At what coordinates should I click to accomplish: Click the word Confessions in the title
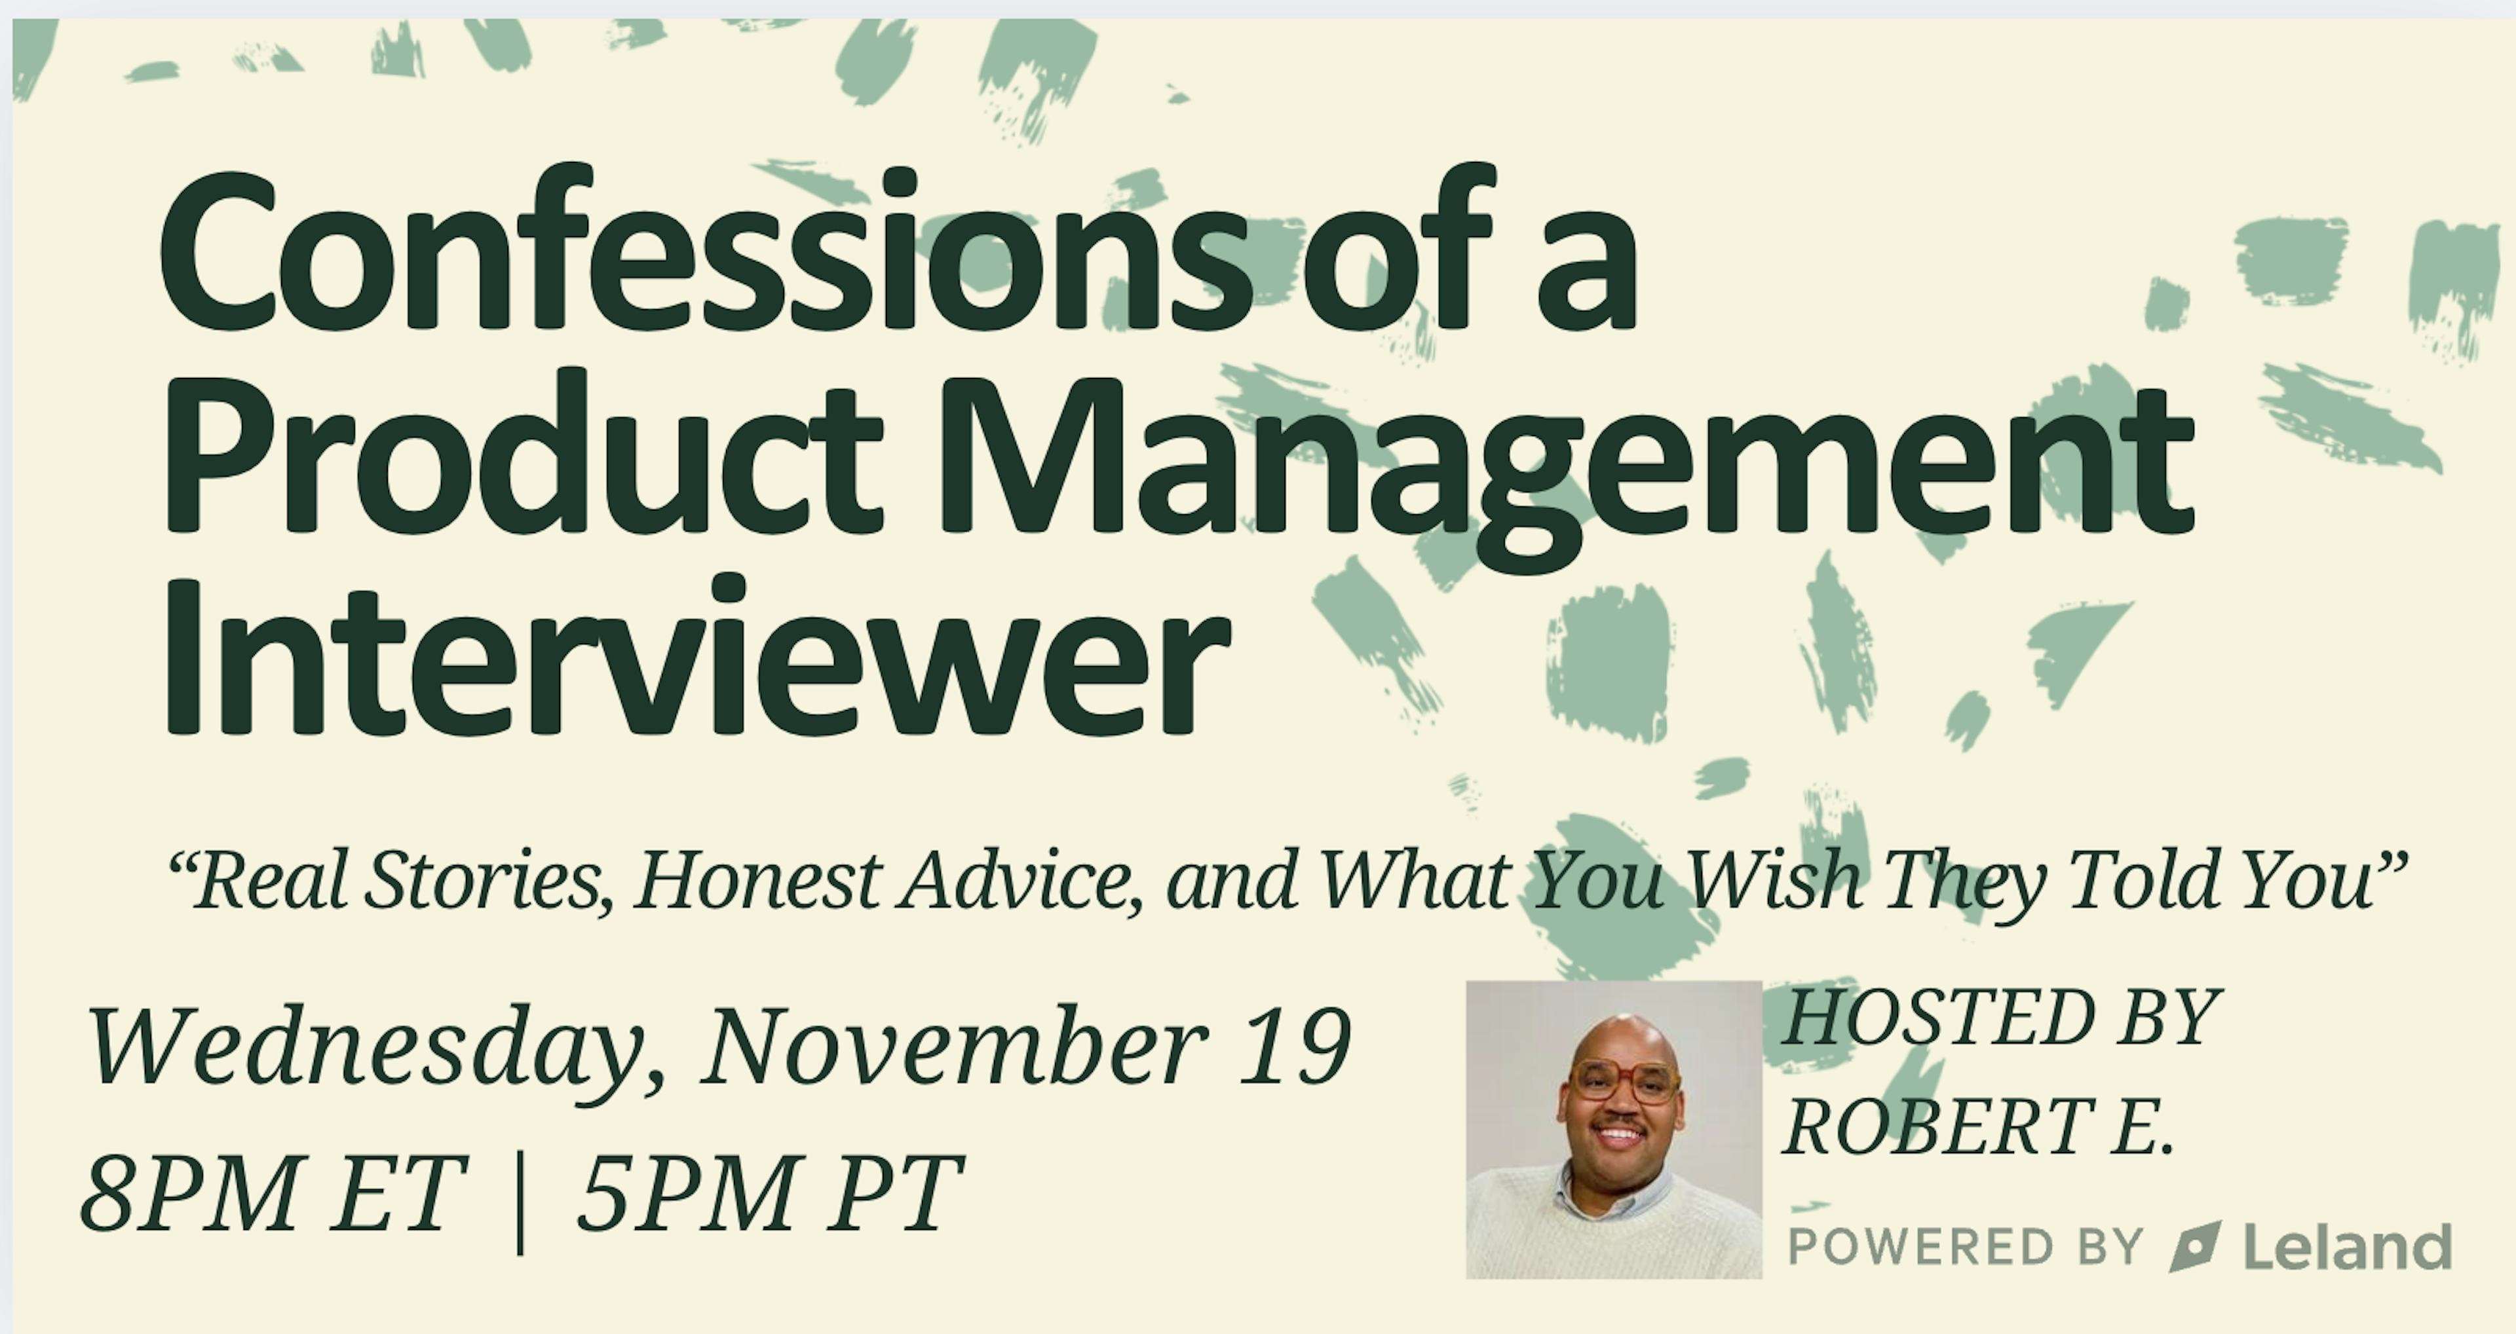pos(702,249)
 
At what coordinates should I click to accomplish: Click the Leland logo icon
pos(2195,1246)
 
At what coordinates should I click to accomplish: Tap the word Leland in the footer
pos(2347,1246)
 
